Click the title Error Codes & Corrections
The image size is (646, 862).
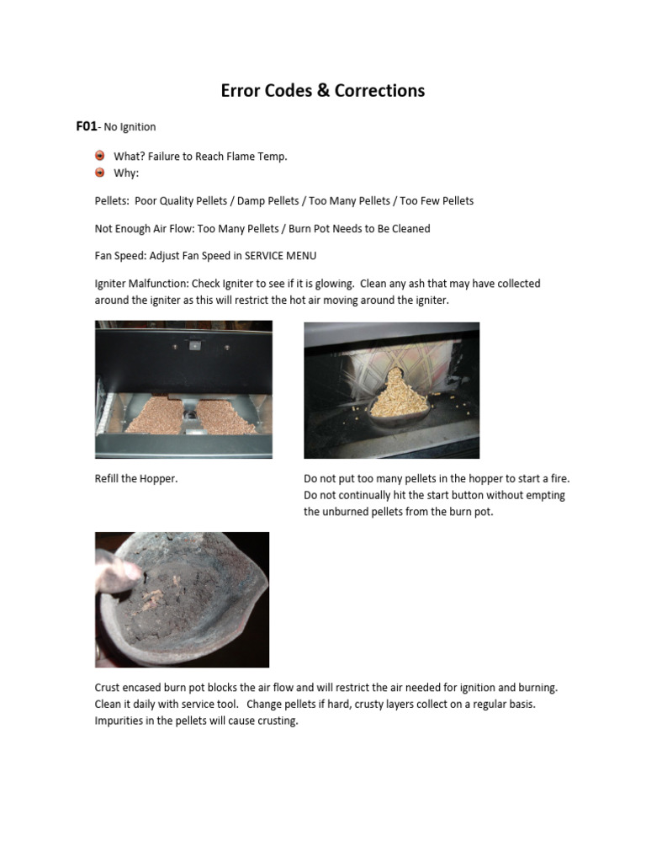pyautogui.click(x=322, y=91)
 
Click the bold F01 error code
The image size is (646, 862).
pyautogui.click(x=86, y=126)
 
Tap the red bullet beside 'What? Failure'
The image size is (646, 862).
pyautogui.click(x=100, y=156)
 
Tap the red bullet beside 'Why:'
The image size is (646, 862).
pyautogui.click(x=100, y=173)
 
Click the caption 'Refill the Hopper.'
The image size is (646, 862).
pyautogui.click(x=136, y=479)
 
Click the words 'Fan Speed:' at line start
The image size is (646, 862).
pyautogui.click(x=119, y=256)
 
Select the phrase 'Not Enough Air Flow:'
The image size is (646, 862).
pyautogui.click(x=144, y=228)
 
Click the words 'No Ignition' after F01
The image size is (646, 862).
pyautogui.click(x=130, y=127)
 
